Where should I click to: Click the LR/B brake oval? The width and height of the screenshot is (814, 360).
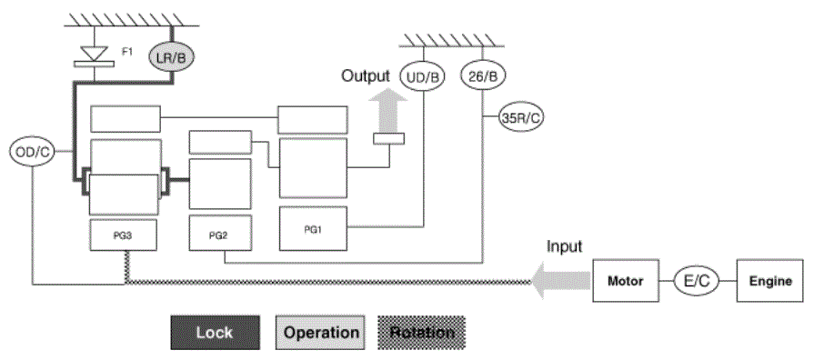pyautogui.click(x=172, y=57)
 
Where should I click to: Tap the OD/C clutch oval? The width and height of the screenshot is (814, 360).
pyautogui.click(x=32, y=152)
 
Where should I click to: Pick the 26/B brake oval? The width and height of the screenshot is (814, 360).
pyautogui.click(x=483, y=75)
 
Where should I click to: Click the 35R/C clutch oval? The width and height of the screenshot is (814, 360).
pyautogui.click(x=521, y=118)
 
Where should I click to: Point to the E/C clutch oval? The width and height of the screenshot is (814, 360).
pyautogui.click(x=696, y=281)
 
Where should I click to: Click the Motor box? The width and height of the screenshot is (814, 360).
pyautogui.click(x=626, y=281)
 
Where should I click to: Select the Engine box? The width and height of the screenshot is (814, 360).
pyautogui.click(x=769, y=281)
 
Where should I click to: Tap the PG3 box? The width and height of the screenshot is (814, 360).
pyautogui.click(x=125, y=235)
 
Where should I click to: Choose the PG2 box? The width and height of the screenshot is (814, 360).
pyautogui.click(x=220, y=233)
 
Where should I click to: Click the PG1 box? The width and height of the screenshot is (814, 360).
pyautogui.click(x=313, y=229)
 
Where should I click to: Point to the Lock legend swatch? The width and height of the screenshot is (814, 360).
pyautogui.click(x=215, y=333)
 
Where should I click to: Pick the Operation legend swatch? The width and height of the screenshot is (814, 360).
pyautogui.click(x=320, y=333)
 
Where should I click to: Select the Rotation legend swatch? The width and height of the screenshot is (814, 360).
pyautogui.click(x=421, y=333)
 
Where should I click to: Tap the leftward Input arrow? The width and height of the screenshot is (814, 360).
pyautogui.click(x=561, y=281)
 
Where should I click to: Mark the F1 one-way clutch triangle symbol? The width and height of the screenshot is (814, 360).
pyautogui.click(x=94, y=53)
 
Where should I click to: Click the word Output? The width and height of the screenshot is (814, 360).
pyautogui.click(x=366, y=75)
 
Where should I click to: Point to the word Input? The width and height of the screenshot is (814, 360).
pyautogui.click(x=564, y=245)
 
